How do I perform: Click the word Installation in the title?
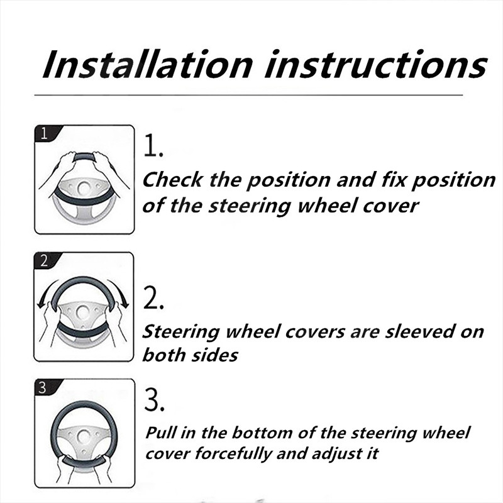pyautogui.click(x=148, y=64)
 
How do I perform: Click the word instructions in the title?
pyautogui.click(x=376, y=64)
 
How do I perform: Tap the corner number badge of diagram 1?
pyautogui.click(x=45, y=133)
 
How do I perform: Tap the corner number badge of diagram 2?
pyautogui.click(x=45, y=260)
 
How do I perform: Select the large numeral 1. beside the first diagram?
pyautogui.click(x=153, y=146)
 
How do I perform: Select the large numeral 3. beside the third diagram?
pyautogui.click(x=154, y=399)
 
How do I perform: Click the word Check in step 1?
pyautogui.click(x=172, y=179)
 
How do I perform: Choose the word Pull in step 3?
pyautogui.click(x=161, y=433)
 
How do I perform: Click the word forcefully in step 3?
pyautogui.click(x=233, y=454)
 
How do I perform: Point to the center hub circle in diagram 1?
pyautogui.click(x=84, y=187)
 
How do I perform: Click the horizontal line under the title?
pyautogui.click(x=248, y=95)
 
